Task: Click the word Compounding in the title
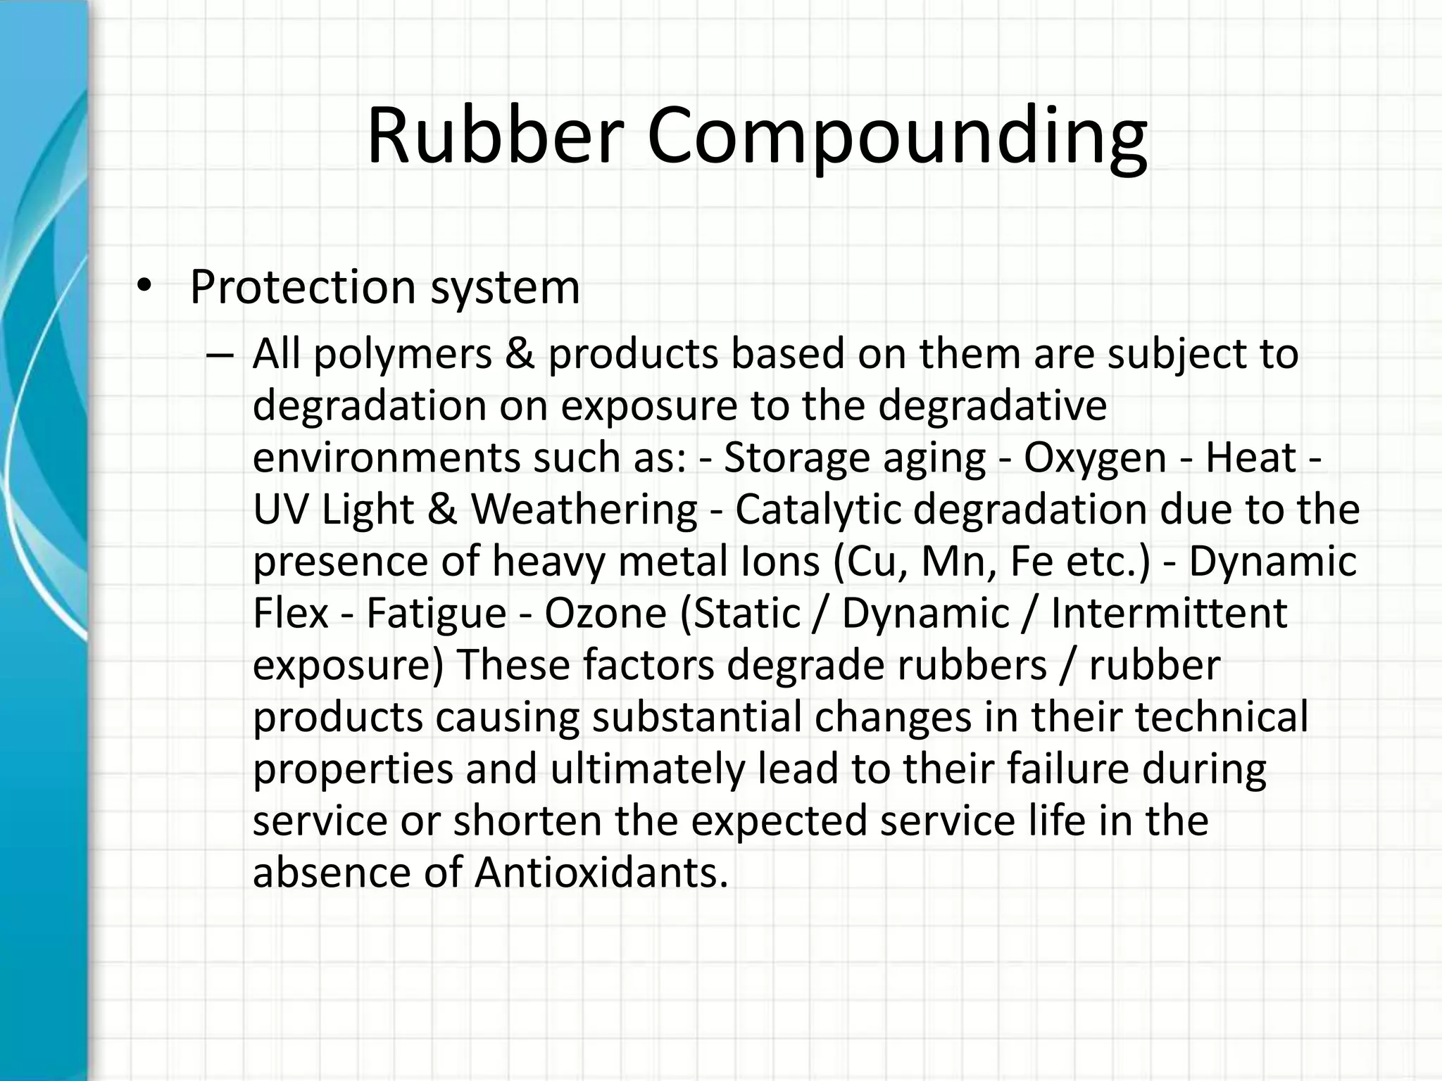tap(897, 137)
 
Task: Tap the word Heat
tap(1250, 457)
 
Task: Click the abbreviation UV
tap(281, 510)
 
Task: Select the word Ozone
tap(605, 613)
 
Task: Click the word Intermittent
tap(1169, 613)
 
